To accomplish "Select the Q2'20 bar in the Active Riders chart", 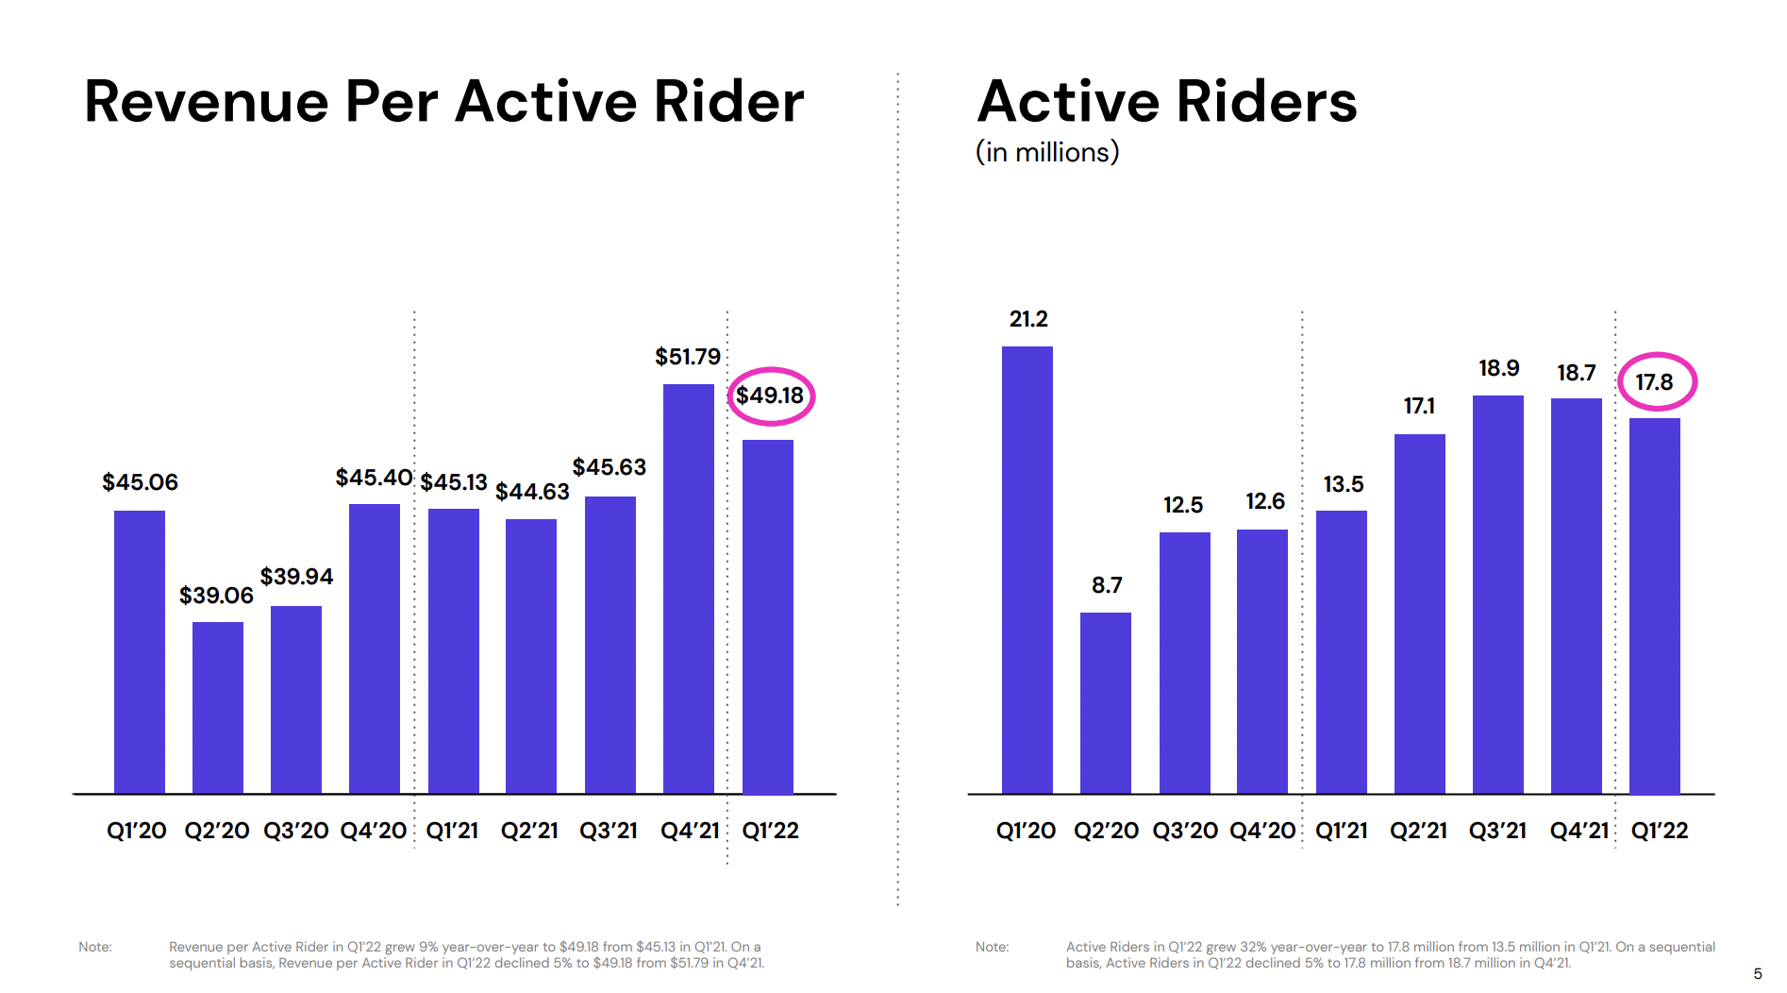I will point(1106,703).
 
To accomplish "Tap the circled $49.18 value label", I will point(770,396).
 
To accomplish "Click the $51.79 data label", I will point(688,357).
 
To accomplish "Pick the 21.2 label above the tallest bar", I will point(1028,319).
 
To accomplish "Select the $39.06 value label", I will point(216,596).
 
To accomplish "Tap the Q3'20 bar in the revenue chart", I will point(296,699).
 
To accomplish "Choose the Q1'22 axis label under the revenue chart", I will point(770,831).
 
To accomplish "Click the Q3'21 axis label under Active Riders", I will point(1497,831).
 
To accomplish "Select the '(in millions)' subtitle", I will point(1047,152).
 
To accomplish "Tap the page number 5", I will point(1758,974).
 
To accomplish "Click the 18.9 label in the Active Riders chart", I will point(1498,368).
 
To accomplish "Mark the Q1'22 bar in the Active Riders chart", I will point(1655,605).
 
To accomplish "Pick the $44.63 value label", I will point(532,492).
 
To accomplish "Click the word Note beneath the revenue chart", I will point(95,947).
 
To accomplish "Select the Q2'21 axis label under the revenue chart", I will point(529,831).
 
